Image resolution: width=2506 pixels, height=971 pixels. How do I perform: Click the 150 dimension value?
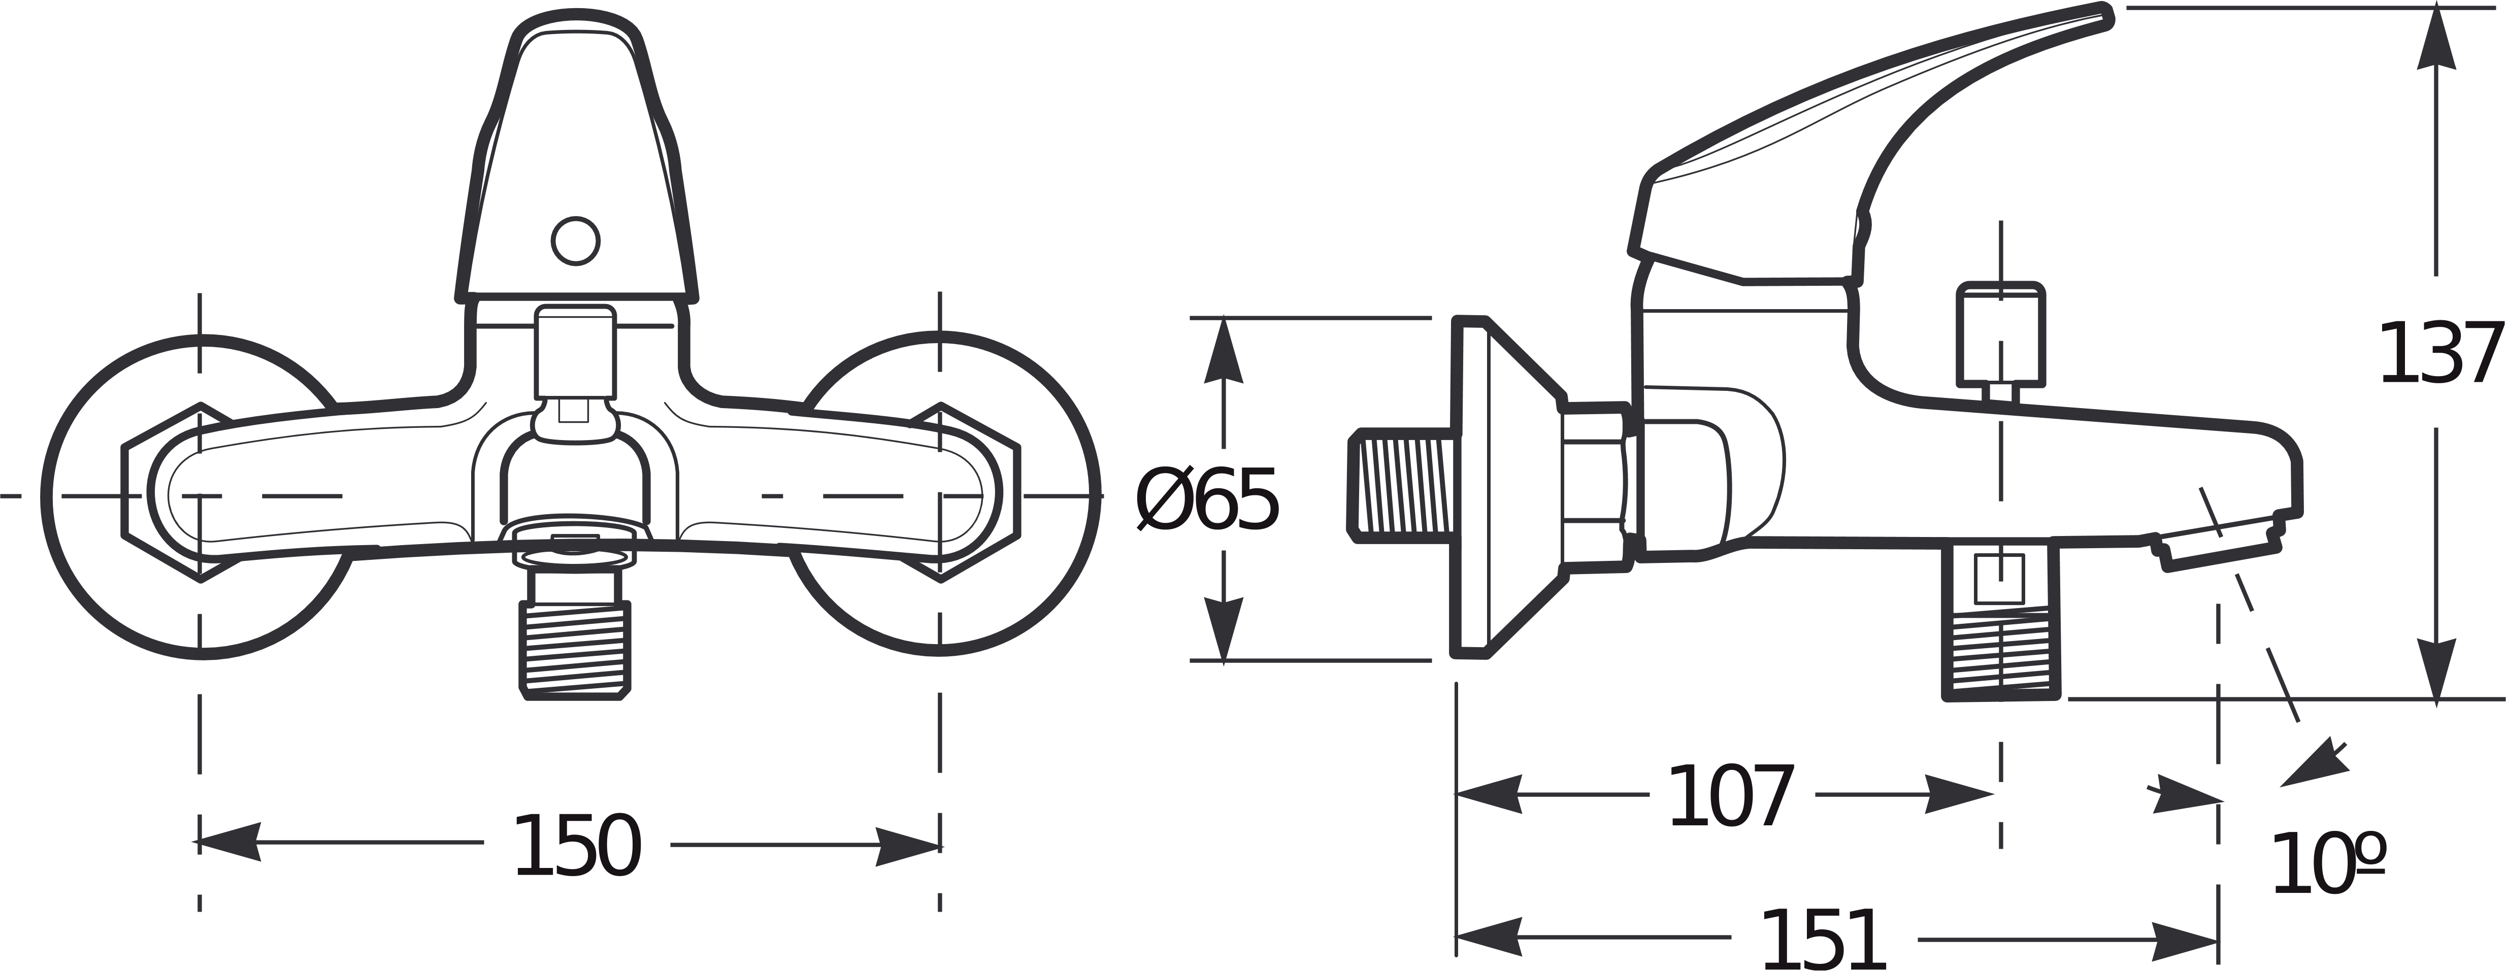pos(577,847)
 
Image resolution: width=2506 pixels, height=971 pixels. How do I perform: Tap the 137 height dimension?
pos(2438,354)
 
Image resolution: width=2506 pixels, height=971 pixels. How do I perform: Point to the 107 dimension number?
pos(1731,798)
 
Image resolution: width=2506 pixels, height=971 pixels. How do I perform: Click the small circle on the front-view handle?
pos(575,240)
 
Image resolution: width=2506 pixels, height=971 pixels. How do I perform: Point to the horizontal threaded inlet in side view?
pos(1401,485)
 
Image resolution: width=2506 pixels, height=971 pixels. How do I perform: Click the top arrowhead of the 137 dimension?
pos(2435,39)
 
